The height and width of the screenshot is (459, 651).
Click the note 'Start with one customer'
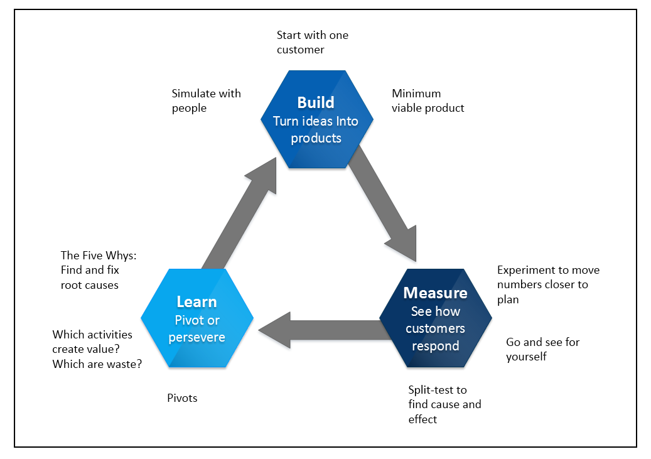click(x=312, y=42)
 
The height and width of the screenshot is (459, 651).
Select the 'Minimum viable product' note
click(x=428, y=100)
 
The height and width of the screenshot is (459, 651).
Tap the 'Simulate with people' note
click(x=206, y=100)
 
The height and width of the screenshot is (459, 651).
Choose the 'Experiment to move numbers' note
click(x=548, y=284)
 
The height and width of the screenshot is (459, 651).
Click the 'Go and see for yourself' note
click(x=542, y=349)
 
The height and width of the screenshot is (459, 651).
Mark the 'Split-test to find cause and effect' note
click(x=444, y=404)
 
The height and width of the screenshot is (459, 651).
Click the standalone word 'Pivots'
click(x=182, y=398)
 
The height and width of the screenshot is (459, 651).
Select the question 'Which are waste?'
click(x=97, y=364)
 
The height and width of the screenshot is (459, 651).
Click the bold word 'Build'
click(x=316, y=102)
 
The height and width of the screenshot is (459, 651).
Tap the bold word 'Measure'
click(x=435, y=293)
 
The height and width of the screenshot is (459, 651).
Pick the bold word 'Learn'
click(x=196, y=302)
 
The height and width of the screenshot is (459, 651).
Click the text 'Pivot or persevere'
click(x=196, y=329)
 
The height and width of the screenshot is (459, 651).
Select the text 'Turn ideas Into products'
click(x=316, y=129)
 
